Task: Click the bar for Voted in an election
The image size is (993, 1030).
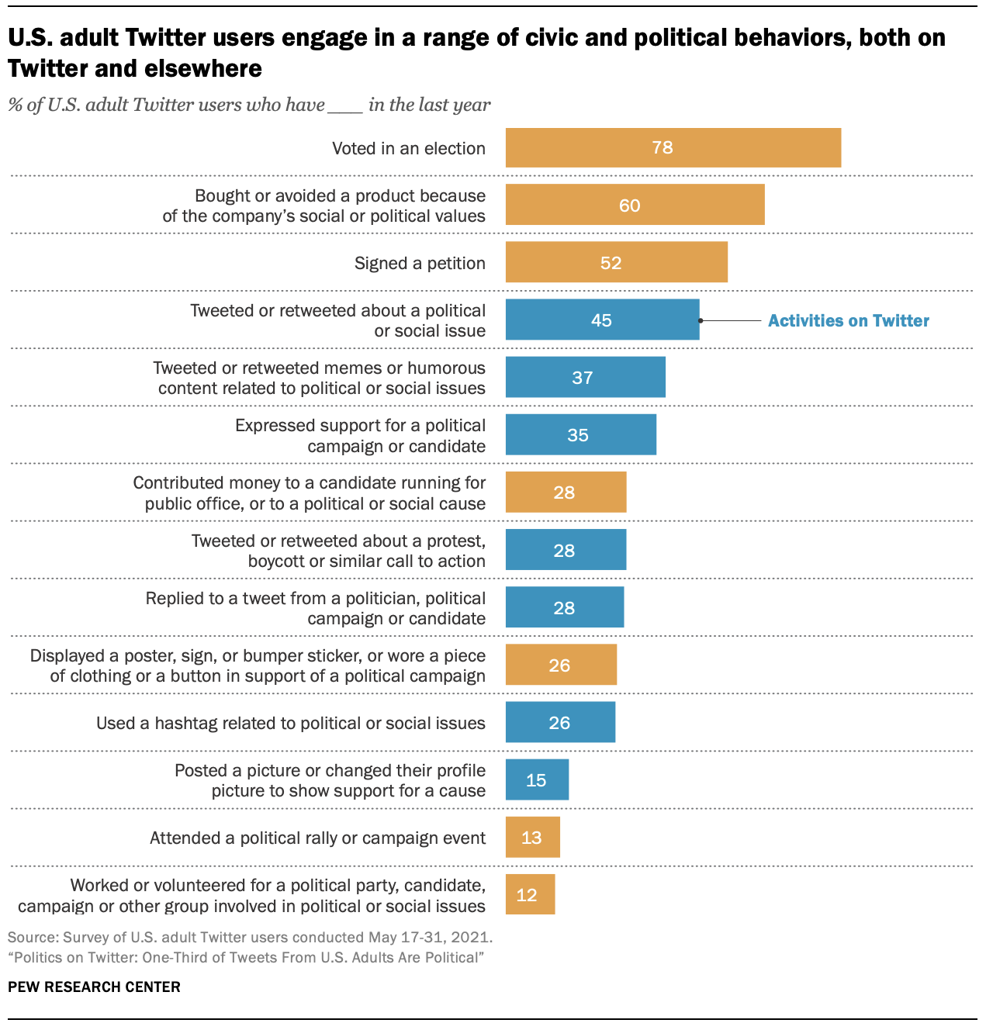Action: tap(673, 147)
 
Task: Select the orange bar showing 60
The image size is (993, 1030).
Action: tap(635, 205)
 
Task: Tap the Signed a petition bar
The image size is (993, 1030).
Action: tap(616, 262)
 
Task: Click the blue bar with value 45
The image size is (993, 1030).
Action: tap(602, 320)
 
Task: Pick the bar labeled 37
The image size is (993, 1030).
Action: tap(585, 377)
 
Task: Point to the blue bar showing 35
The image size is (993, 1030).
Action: tap(580, 434)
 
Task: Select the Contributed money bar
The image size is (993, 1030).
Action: tap(566, 492)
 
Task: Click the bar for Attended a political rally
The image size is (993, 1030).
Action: tap(532, 837)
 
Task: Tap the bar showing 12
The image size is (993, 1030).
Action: tap(530, 894)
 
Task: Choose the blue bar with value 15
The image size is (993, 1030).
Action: tap(537, 779)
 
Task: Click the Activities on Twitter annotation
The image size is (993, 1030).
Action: tap(848, 320)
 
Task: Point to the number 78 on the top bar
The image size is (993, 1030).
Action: tap(663, 147)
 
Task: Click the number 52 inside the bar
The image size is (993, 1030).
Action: tap(611, 263)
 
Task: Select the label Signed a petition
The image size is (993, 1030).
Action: tap(420, 263)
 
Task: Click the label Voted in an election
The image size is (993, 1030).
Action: tap(408, 148)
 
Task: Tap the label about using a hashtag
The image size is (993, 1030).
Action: tap(290, 723)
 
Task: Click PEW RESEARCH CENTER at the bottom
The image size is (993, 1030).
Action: tap(94, 987)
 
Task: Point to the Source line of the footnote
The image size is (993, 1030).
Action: tap(250, 937)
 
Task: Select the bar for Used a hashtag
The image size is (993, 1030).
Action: tap(560, 722)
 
